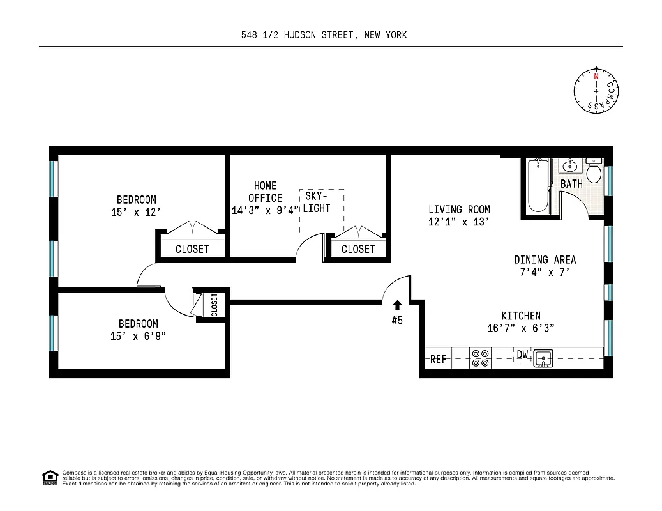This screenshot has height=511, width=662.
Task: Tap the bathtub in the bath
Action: [x=538, y=186]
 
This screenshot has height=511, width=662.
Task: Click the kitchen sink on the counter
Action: [x=543, y=358]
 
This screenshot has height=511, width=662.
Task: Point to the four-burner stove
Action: [x=480, y=358]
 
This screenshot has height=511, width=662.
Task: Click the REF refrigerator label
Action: [x=439, y=360]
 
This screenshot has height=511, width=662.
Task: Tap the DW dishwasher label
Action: [x=522, y=355]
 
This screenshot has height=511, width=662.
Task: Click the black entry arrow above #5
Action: [x=397, y=305]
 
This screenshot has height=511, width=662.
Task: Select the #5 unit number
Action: [x=397, y=320]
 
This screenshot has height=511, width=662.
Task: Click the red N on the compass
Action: [x=596, y=76]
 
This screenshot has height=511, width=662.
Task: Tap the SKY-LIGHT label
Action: [x=317, y=202]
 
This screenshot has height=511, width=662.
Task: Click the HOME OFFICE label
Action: [x=265, y=192]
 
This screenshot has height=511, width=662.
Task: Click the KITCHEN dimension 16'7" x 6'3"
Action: [x=521, y=328]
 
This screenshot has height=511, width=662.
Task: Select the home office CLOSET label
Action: [x=357, y=249]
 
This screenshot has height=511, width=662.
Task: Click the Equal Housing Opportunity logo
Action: [x=50, y=477]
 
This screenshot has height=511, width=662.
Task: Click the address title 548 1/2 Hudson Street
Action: [x=320, y=35]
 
